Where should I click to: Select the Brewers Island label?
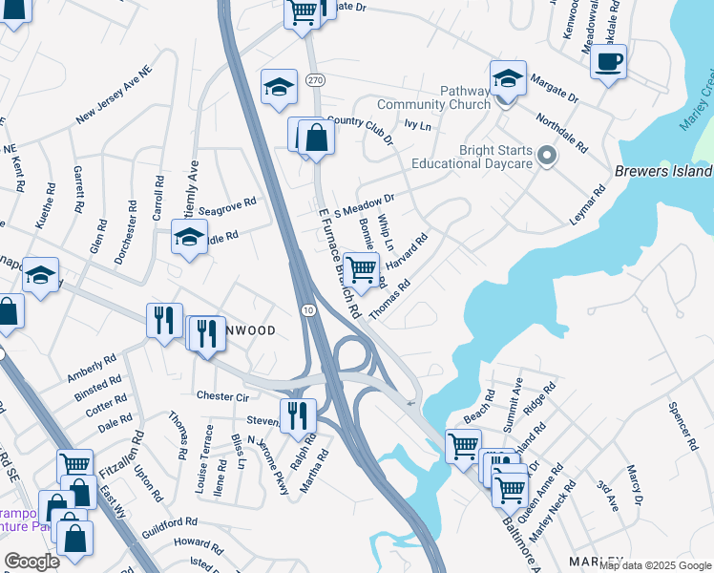(664, 171)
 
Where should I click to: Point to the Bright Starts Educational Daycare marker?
(546, 155)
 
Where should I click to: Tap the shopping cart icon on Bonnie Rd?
(360, 270)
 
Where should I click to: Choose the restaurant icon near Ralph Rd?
(298, 414)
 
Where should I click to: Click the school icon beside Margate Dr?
(508, 77)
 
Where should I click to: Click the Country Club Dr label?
(360, 131)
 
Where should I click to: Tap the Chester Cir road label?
(221, 396)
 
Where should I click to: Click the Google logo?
(31, 562)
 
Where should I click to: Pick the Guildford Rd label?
(169, 523)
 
